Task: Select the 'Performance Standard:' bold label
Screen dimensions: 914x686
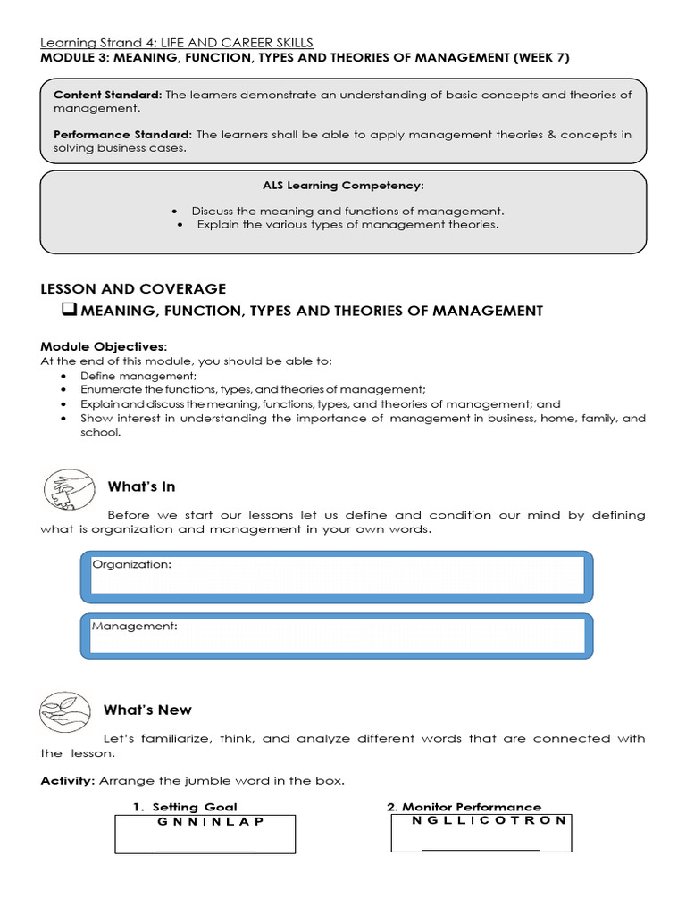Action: click(121, 135)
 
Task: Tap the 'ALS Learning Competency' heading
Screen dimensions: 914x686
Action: click(342, 185)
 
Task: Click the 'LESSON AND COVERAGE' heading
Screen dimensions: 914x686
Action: click(133, 288)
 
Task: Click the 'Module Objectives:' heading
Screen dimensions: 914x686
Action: click(104, 346)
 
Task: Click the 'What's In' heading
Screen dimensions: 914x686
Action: click(141, 486)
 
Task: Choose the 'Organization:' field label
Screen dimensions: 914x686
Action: click(132, 564)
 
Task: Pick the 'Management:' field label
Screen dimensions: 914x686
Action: click(135, 626)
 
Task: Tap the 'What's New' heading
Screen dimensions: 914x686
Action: click(147, 710)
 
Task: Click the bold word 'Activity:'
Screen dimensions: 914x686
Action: click(69, 781)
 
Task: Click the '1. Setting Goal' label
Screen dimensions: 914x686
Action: click(185, 807)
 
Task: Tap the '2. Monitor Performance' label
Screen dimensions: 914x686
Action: click(464, 807)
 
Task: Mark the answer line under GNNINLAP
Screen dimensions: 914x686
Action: click(205, 851)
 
